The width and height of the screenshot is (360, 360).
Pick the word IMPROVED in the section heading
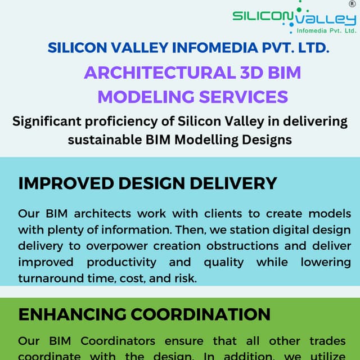(62, 183)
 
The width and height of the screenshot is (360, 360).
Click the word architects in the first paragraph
(105, 214)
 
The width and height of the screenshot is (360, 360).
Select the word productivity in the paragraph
(121, 262)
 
